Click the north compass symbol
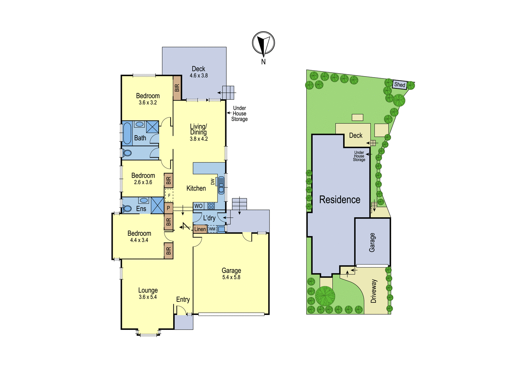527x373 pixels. [x=263, y=43]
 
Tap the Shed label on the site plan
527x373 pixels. [x=400, y=84]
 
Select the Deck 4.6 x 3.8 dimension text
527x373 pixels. [x=199, y=76]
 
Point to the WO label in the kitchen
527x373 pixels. [x=198, y=206]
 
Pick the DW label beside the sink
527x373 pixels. [x=213, y=182]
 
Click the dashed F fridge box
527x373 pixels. [x=169, y=195]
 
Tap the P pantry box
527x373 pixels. [x=168, y=208]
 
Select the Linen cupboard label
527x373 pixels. [x=200, y=229]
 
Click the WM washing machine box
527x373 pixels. [x=212, y=229]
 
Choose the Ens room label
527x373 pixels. [x=141, y=208]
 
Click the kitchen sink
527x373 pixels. [x=221, y=185]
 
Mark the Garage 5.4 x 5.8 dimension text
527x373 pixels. [x=231, y=277]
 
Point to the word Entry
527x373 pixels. [x=183, y=299]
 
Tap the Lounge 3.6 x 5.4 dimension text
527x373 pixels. [x=148, y=297]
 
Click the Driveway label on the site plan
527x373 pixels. [x=374, y=291]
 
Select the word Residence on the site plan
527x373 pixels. [x=340, y=200]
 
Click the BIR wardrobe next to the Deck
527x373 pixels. [x=177, y=88]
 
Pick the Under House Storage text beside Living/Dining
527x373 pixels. [x=239, y=113]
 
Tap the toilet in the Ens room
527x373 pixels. [x=127, y=208]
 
